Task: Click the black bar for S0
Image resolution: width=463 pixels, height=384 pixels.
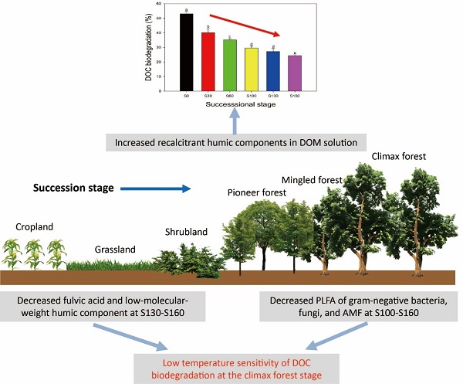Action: pyautogui.click(x=187, y=53)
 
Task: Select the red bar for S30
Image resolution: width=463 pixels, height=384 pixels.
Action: pyautogui.click(x=208, y=62)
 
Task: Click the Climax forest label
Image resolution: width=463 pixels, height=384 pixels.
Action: pyautogui.click(x=399, y=156)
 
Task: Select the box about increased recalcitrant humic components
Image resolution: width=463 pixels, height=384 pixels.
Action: pyautogui.click(x=235, y=143)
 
